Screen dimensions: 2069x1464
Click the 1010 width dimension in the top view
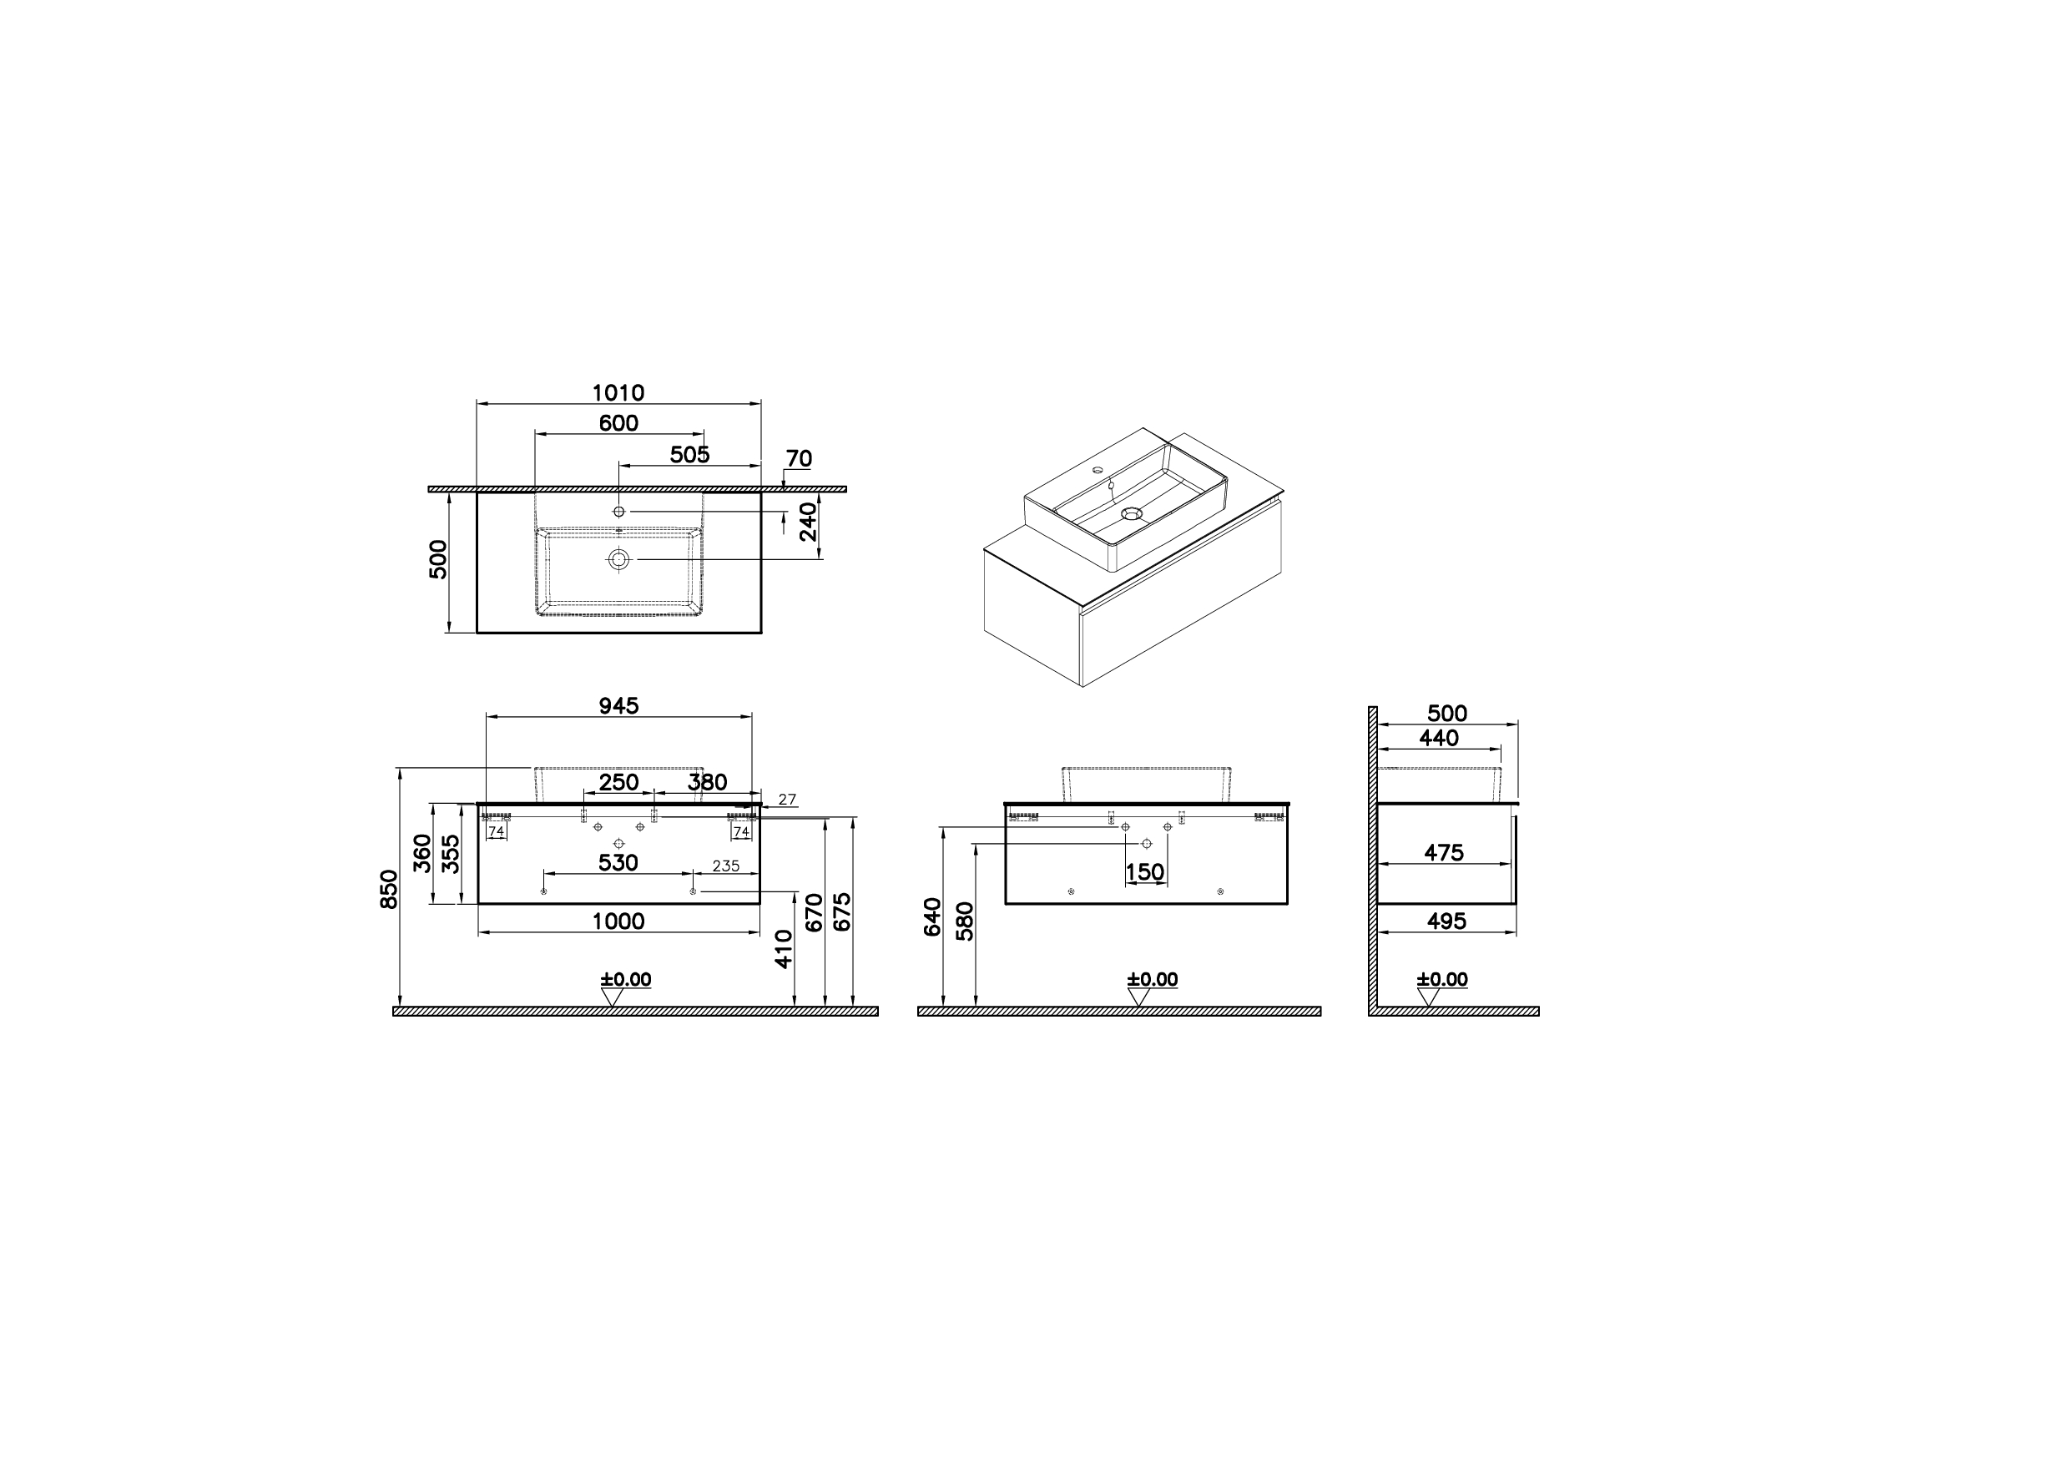point(618,393)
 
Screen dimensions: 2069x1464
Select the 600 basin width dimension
point(618,423)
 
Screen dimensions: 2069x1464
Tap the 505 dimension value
point(689,454)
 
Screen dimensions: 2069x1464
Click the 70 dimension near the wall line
point(799,459)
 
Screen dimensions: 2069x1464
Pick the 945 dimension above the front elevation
point(618,706)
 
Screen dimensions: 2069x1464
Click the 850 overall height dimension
point(389,889)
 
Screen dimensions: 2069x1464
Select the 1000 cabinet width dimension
point(618,921)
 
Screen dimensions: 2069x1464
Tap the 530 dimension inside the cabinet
point(618,863)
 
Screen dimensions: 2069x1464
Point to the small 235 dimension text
point(726,866)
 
